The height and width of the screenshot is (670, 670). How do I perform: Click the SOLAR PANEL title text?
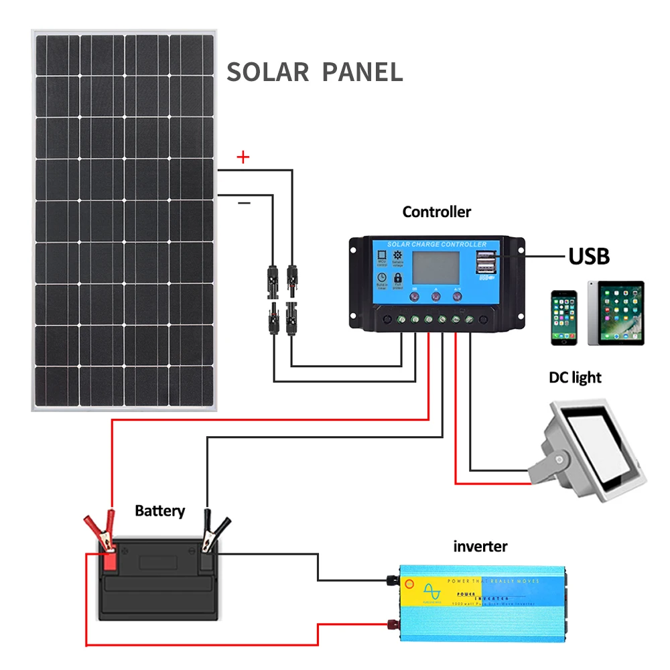[x=315, y=72]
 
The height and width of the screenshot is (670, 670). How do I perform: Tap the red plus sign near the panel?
[x=243, y=157]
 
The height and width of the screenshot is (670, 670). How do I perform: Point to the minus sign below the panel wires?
[x=244, y=202]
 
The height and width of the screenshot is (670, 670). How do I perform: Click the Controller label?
[x=437, y=212]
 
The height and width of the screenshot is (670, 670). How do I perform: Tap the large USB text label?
[x=589, y=256]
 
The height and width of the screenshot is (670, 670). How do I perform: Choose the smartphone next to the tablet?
[x=564, y=318]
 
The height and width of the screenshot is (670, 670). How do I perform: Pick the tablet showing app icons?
[x=616, y=313]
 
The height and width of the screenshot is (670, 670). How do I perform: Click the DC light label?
[x=575, y=378]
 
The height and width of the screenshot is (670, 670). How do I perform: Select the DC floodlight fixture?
[x=590, y=449]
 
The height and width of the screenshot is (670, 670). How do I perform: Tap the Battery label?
[x=159, y=511]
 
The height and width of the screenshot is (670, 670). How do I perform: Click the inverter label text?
[x=480, y=547]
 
